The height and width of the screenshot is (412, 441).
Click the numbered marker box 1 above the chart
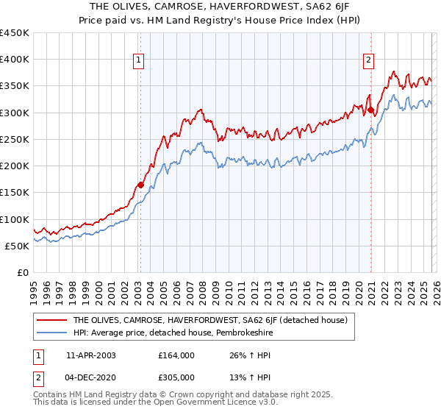(139, 61)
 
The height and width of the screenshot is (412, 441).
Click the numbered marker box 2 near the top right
(368, 61)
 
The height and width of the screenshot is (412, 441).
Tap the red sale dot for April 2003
(140, 185)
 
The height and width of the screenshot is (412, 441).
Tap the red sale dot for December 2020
(371, 110)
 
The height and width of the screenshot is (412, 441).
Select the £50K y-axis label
(18, 246)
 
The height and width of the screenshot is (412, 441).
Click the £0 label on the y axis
(24, 273)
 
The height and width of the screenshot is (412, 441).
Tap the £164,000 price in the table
(176, 355)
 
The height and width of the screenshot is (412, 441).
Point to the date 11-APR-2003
(90, 355)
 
